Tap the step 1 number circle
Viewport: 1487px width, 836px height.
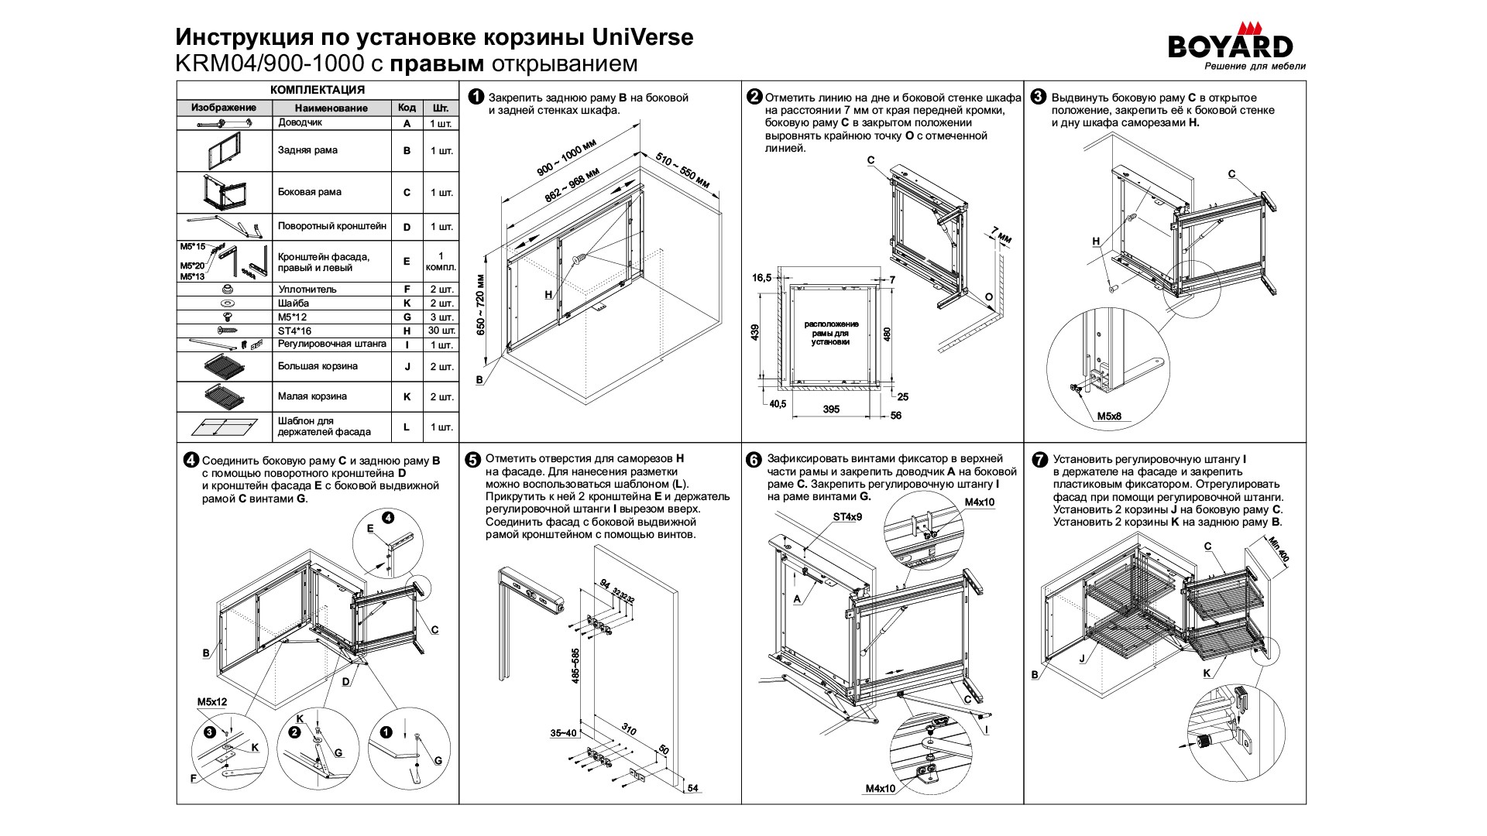[476, 98]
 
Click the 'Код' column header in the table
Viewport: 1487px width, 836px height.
[407, 108]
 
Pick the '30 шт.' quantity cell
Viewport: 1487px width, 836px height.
[441, 331]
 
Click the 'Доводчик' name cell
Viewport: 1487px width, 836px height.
[300, 122]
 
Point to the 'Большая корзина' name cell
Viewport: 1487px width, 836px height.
[318, 366]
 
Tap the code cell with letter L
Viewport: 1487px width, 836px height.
[407, 427]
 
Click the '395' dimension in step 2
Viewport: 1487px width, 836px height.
[831, 409]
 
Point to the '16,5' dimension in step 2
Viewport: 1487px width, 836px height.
[761, 278]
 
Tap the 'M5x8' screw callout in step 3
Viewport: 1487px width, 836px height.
[1109, 416]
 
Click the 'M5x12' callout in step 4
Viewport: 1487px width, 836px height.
[211, 702]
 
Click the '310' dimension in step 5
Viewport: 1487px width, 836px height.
[629, 729]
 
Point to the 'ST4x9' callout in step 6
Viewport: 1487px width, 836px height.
[847, 516]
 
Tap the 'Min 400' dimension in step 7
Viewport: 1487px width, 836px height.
[1279, 550]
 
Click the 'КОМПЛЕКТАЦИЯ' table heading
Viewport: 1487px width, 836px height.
[318, 90]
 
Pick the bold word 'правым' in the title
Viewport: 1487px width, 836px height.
[436, 63]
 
